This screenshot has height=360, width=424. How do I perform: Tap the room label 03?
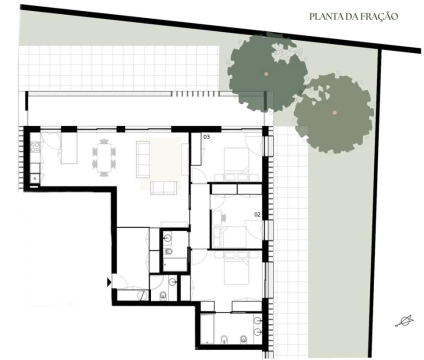pos(206,136)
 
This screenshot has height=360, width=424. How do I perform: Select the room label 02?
pos(257,214)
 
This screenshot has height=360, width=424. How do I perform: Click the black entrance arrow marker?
pos(109,282)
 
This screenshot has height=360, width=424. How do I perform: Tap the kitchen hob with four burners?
pos(35,147)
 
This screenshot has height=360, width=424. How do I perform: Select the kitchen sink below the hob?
pos(34,177)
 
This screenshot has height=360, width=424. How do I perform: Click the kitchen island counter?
pos(69,148)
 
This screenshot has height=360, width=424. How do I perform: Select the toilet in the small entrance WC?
pos(163,296)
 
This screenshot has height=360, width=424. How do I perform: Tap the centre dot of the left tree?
pos(266,74)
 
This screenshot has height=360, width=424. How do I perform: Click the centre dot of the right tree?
pos(334,113)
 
